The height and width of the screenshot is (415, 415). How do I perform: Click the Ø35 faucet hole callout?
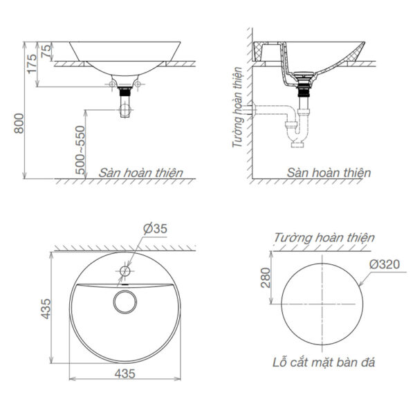point(156,229)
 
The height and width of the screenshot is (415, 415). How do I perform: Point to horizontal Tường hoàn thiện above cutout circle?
point(324,238)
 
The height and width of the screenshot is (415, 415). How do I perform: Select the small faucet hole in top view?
point(125,270)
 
